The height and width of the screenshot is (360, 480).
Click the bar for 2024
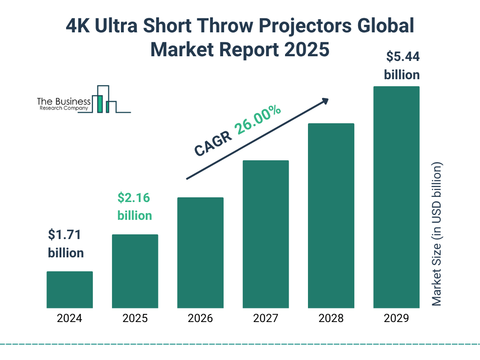click(x=69, y=290)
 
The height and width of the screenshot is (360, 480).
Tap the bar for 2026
click(x=200, y=253)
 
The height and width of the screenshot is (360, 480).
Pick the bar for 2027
click(x=265, y=234)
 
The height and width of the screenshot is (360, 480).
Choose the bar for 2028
click(x=331, y=216)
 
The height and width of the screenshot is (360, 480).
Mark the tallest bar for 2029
click(x=396, y=197)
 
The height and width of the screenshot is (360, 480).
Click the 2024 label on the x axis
click(x=69, y=319)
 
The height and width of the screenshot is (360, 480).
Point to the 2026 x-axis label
click(x=200, y=319)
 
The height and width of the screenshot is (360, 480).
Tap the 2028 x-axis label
click(x=331, y=319)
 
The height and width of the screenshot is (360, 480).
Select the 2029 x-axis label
click(x=396, y=319)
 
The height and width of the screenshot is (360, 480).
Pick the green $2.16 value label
click(x=134, y=198)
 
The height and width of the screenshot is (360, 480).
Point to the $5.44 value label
click(x=402, y=57)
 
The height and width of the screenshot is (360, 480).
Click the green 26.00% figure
click(x=258, y=120)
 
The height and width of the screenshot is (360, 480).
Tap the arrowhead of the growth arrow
click(x=324, y=101)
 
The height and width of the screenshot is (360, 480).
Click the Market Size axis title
click(x=437, y=234)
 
